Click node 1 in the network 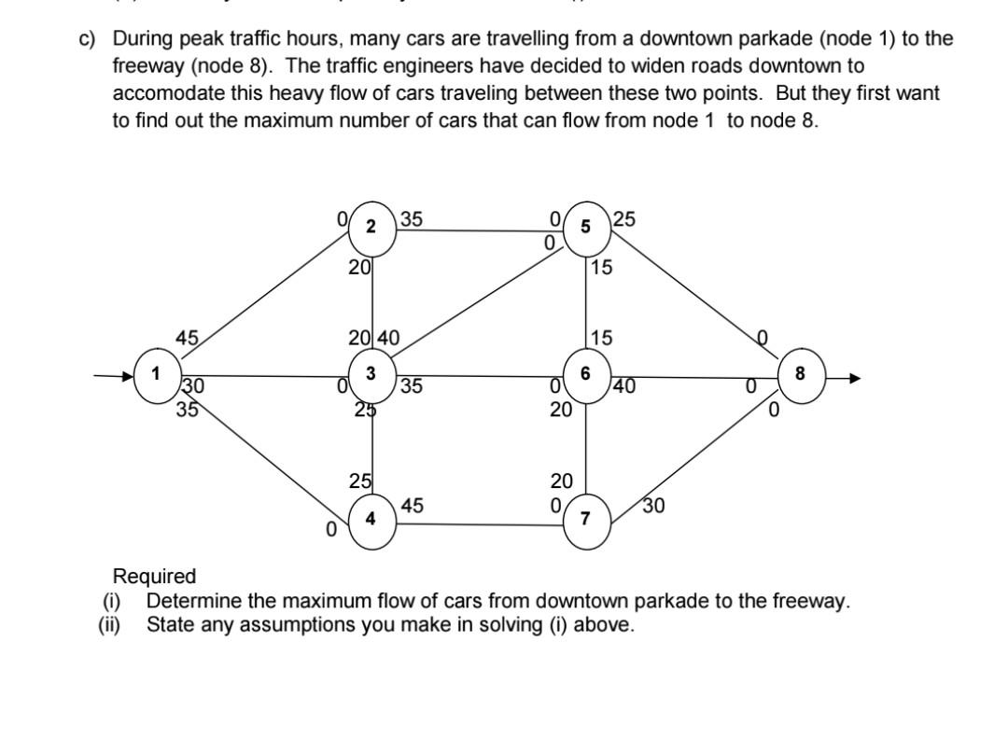pos(158,374)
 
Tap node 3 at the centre pos(372,374)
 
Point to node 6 pos(585,373)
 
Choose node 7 pos(586,520)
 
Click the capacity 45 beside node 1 pos(187,340)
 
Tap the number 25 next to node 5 pos(624,219)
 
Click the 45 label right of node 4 pos(413,506)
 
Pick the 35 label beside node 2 pos(412,220)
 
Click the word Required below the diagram pos(154,576)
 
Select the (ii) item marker pos(110,624)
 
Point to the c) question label pos(87,38)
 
